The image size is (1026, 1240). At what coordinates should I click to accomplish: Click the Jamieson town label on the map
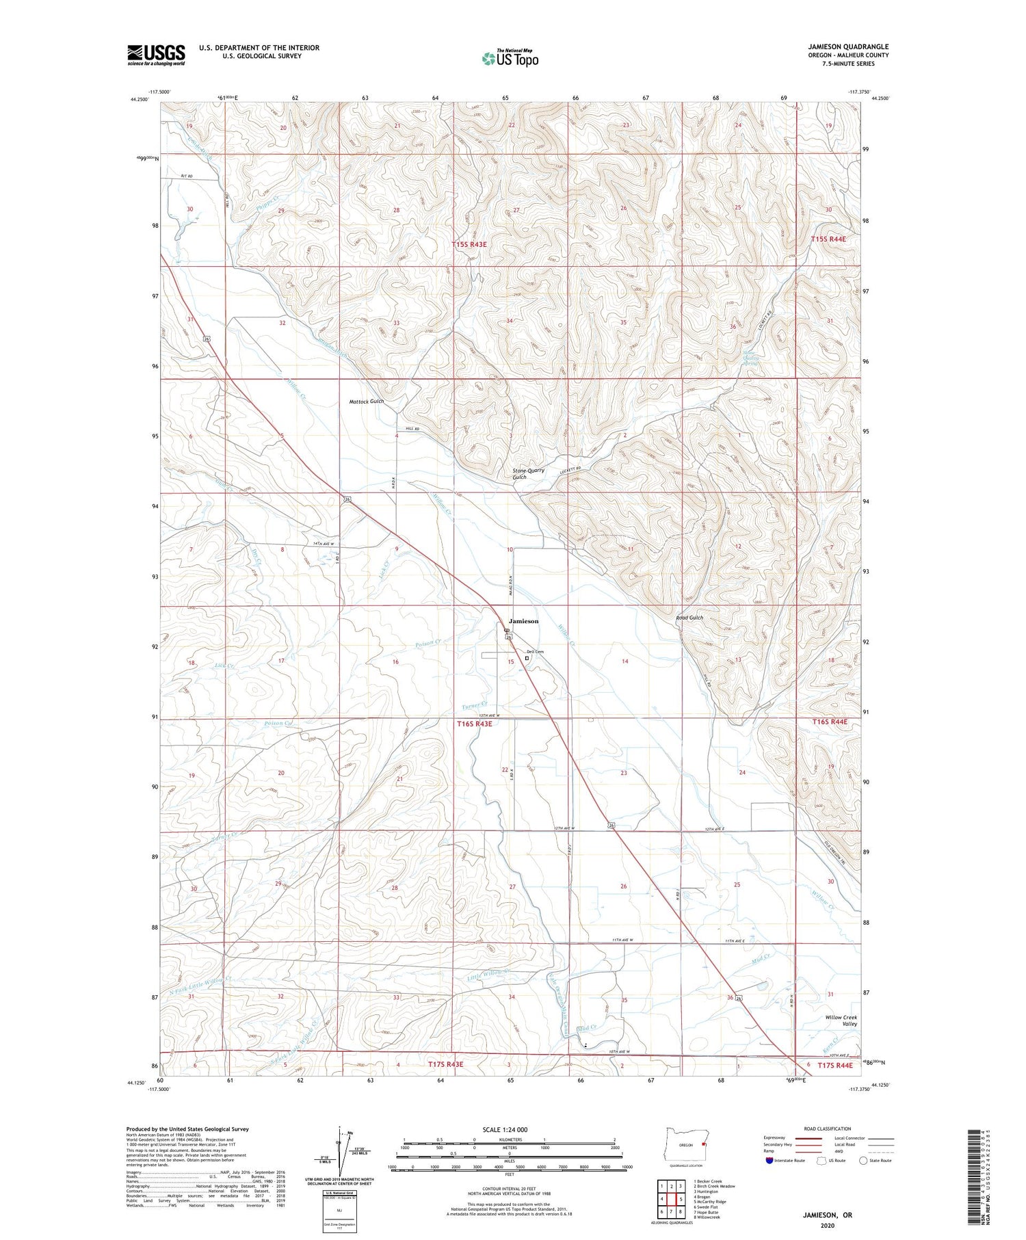(523, 621)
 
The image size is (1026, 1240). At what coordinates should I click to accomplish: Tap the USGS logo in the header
(156, 55)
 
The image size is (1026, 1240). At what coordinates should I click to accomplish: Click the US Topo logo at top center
(510, 59)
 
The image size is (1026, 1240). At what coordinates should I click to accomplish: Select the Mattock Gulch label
(367, 401)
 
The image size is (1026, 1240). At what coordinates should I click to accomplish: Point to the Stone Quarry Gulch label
(529, 473)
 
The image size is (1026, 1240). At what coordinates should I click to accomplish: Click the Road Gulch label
(689, 618)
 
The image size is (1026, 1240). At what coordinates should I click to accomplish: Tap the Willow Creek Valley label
(841, 1020)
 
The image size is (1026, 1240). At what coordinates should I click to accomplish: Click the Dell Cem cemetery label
(534, 651)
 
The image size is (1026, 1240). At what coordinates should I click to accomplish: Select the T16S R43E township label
(475, 723)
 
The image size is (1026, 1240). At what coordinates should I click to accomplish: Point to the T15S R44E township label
(828, 239)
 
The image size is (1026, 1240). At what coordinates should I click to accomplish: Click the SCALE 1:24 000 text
(505, 1129)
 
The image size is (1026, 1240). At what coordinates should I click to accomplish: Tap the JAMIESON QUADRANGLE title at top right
(847, 47)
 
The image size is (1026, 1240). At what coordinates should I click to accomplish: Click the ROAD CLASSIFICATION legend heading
(827, 1129)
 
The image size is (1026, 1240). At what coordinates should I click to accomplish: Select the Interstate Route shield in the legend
(770, 1160)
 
